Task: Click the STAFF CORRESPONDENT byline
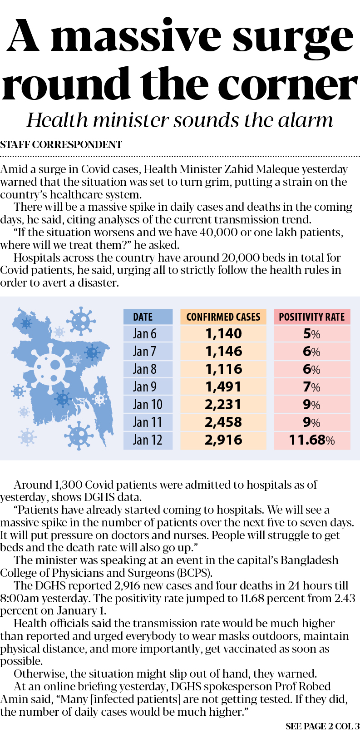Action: coord(61,145)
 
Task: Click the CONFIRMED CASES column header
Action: coord(223,317)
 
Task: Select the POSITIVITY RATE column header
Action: coord(312,317)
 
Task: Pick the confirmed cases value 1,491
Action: coord(223,387)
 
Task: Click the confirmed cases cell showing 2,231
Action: coord(223,405)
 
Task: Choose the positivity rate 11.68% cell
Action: coord(312,440)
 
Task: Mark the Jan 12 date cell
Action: coord(148,440)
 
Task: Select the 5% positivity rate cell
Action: coord(312,334)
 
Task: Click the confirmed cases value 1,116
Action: coord(223,369)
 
